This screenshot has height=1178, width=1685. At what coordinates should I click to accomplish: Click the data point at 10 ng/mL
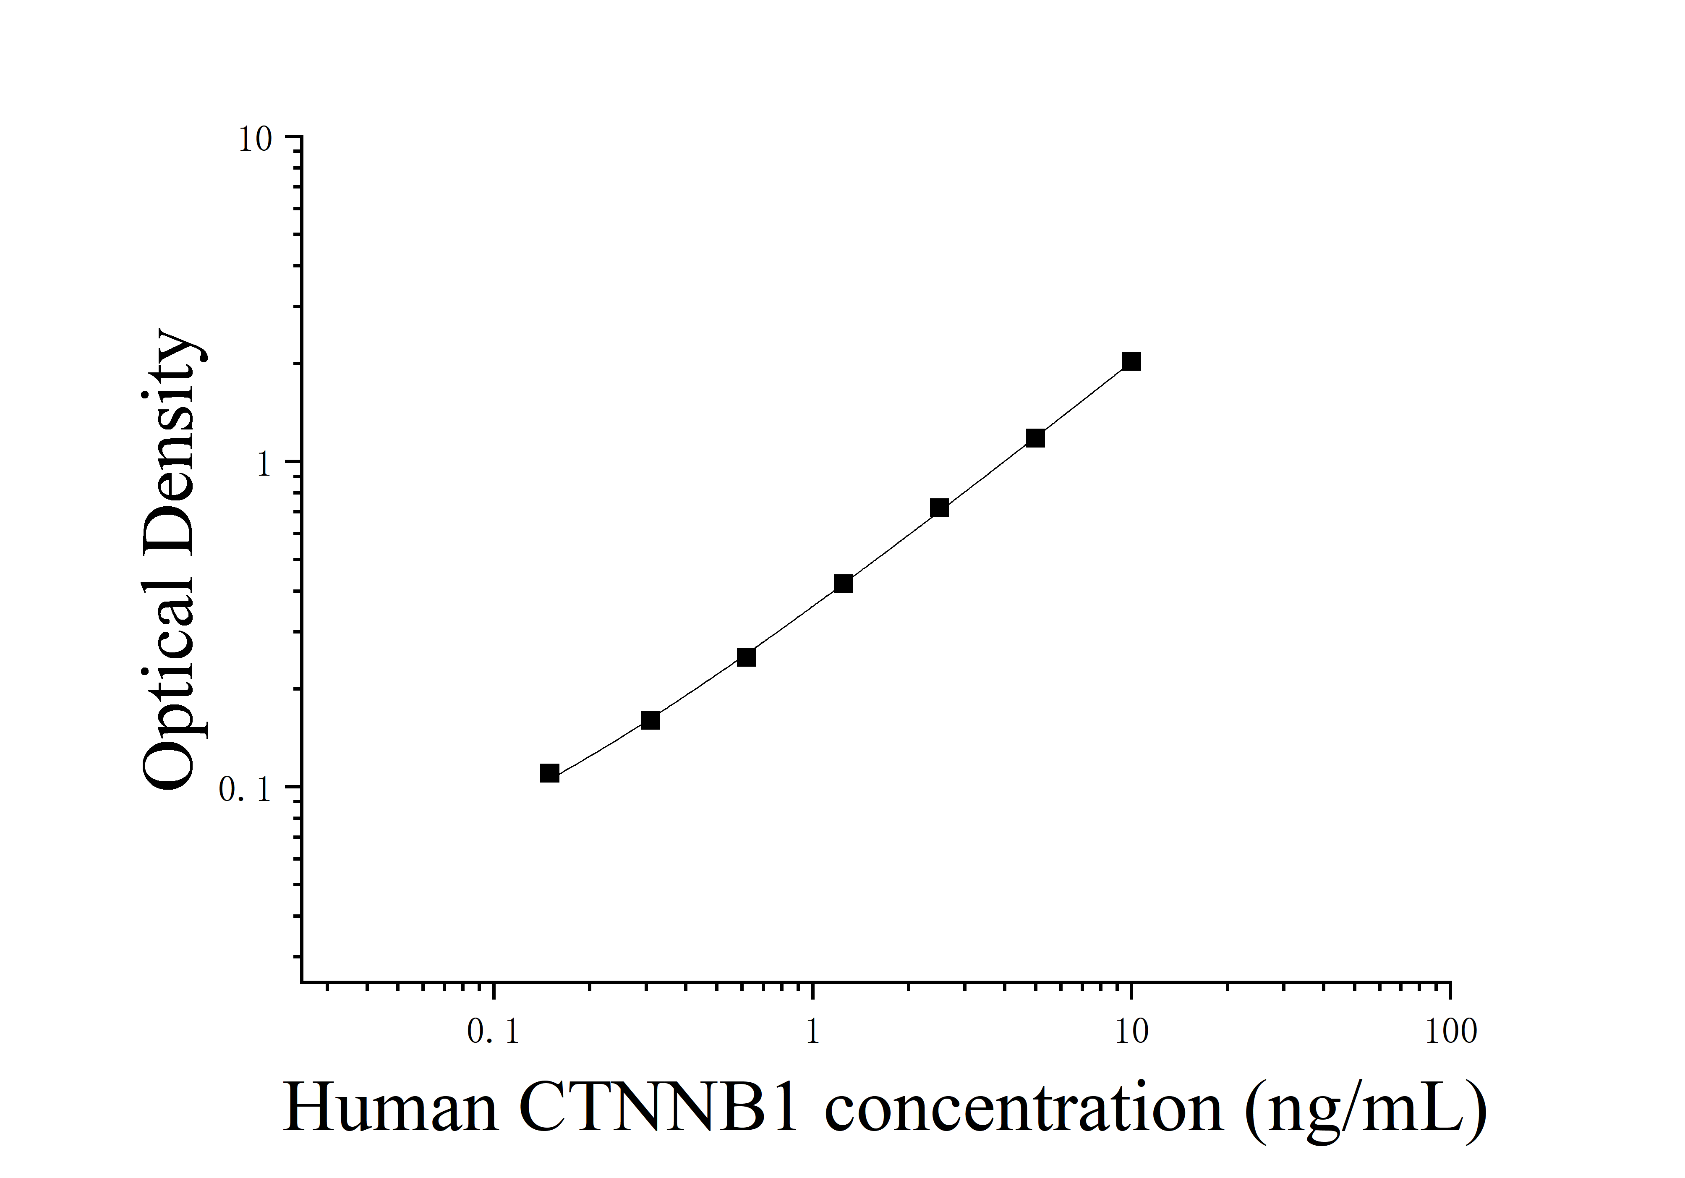[1131, 361]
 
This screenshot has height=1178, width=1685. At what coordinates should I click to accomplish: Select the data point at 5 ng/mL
[1035, 438]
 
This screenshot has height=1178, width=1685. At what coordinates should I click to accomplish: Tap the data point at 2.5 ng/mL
[939, 508]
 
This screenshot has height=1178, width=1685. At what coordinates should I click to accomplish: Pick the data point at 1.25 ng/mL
[843, 584]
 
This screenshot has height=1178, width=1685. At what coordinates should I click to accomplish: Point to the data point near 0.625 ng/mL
[746, 657]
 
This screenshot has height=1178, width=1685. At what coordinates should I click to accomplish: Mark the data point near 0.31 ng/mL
[650, 720]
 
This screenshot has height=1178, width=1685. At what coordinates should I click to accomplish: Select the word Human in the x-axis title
[391, 1108]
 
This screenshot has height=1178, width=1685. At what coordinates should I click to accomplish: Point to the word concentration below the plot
[1024, 1108]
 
